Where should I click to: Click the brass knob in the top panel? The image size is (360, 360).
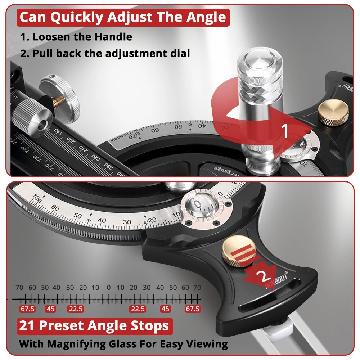coord(334,112)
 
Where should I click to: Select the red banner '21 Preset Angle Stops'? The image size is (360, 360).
coord(94,326)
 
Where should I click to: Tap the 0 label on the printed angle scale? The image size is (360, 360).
coord(109,288)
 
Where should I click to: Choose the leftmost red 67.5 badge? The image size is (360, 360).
coord(27,309)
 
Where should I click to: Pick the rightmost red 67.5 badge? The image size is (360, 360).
coord(192,309)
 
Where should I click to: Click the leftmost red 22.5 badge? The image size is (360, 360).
coord(76,309)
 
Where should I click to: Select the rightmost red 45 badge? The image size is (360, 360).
coord(166,309)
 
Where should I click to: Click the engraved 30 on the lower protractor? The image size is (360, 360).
coord(127,222)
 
